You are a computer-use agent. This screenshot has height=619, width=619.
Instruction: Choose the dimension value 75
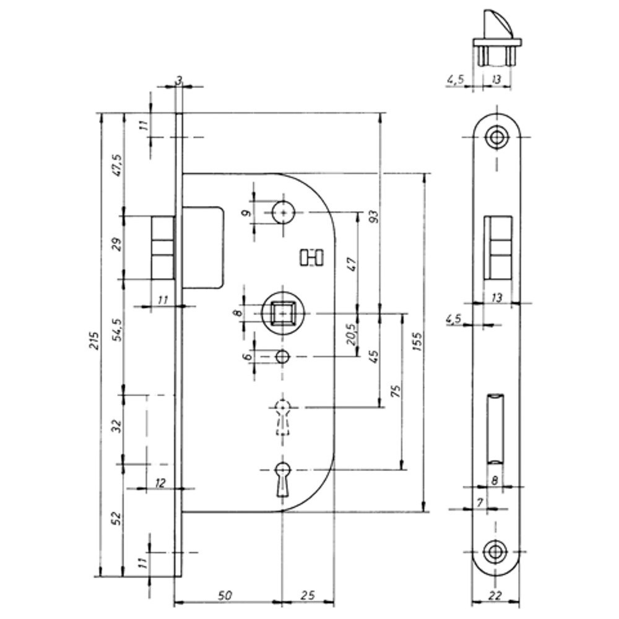396,391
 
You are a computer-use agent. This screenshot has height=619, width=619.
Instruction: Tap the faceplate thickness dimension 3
179,79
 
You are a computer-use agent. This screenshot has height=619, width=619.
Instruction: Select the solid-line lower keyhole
283,478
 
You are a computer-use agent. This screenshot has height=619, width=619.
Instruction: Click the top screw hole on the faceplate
495,137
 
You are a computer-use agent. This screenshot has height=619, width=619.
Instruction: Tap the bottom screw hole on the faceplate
495,552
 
